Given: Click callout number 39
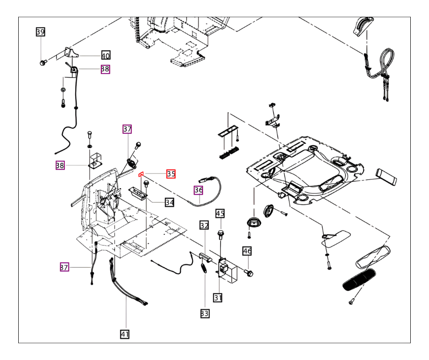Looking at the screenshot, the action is click(41, 32).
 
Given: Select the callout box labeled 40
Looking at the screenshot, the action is click(105, 55).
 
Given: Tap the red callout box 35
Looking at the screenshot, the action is click(171, 174).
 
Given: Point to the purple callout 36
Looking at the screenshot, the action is click(199, 190).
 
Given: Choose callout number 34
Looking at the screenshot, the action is click(170, 202).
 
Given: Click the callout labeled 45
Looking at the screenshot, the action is click(220, 213).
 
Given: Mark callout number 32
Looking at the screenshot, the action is click(204, 226).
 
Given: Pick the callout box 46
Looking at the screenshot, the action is click(247, 251).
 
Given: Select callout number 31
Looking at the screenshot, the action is click(218, 297).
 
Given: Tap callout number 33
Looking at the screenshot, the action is click(204, 313).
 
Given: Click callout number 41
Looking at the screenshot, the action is click(125, 334).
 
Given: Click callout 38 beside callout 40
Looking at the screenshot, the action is click(105, 69).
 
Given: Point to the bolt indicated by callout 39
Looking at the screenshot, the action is click(42, 63).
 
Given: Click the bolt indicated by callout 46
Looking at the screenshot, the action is click(249, 273).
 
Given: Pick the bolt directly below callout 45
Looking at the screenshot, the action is click(220, 235).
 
